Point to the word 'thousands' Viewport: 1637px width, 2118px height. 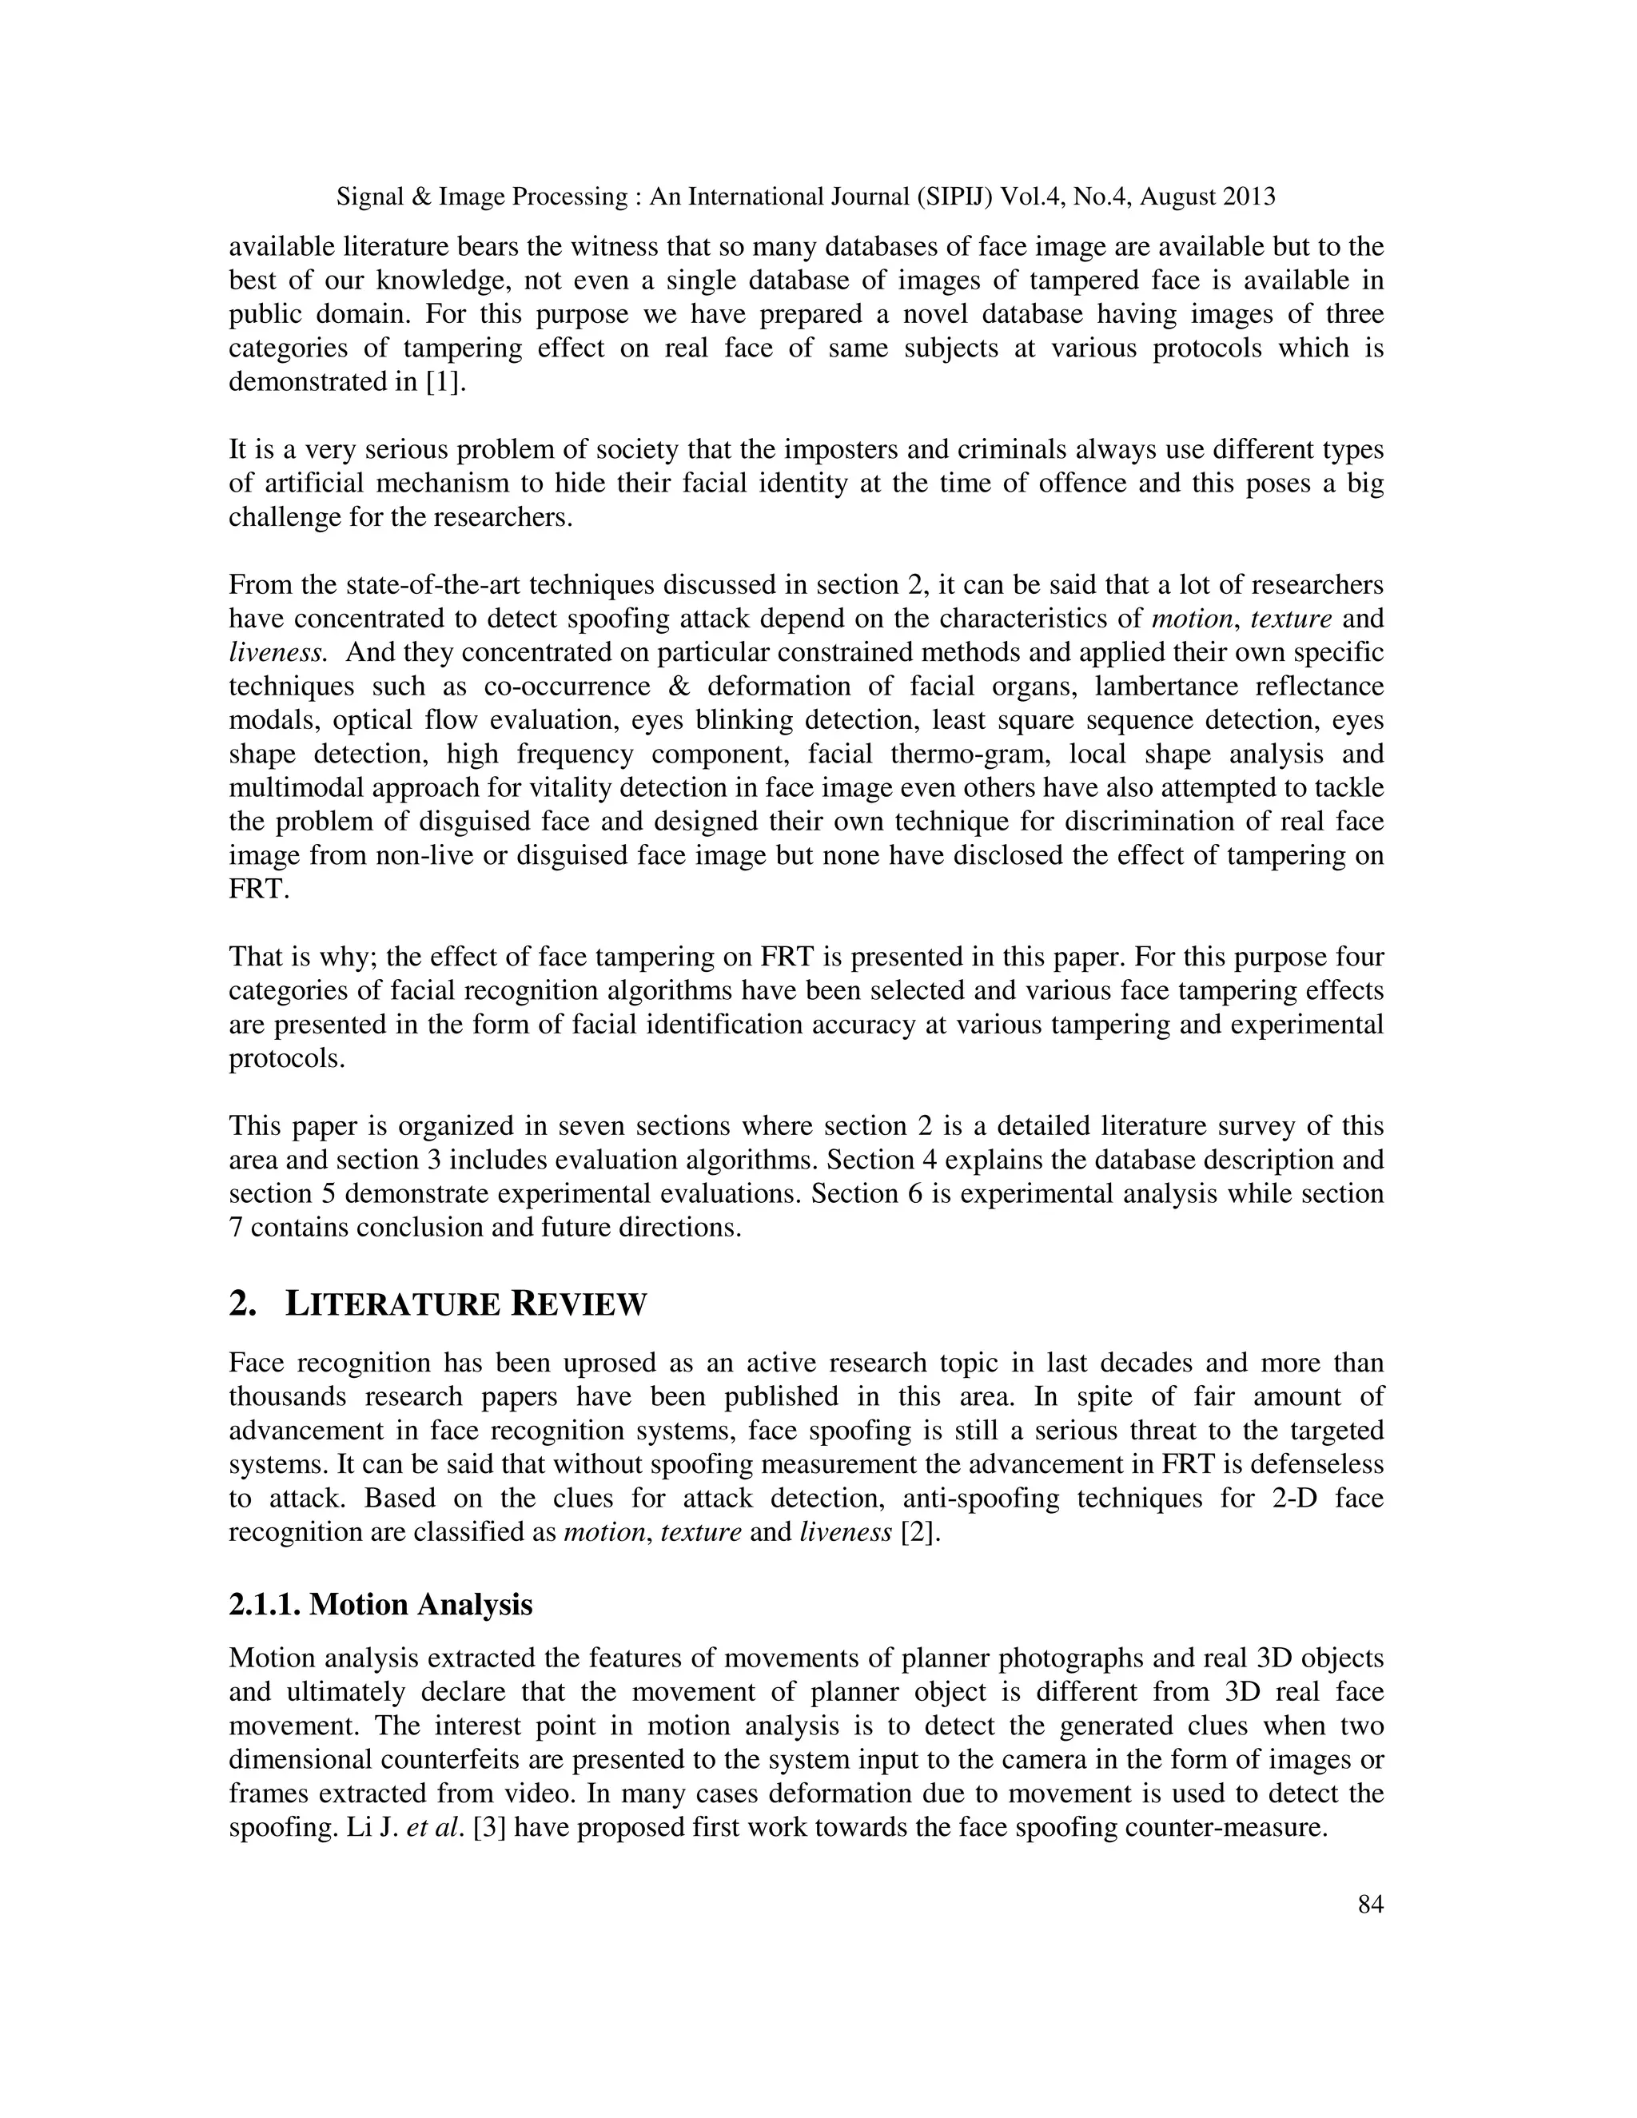pos(286,1396)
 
